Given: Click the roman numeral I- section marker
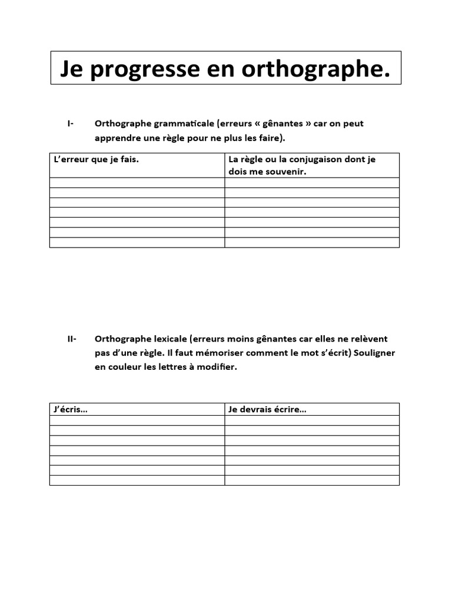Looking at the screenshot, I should [x=70, y=123].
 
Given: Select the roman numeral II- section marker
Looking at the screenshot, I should [x=72, y=339].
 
